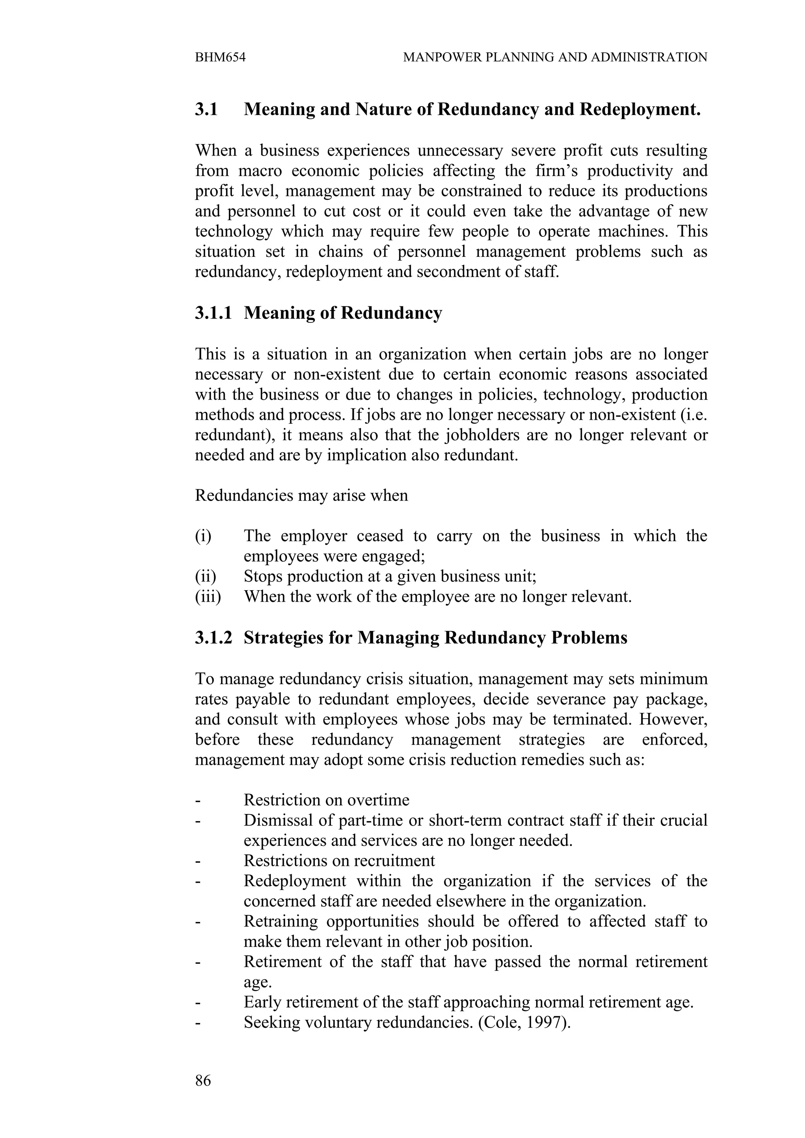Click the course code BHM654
tap(220, 57)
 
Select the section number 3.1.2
tap(213, 637)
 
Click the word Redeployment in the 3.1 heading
tap(640, 109)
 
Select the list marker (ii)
tap(205, 576)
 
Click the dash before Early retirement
tap(198, 1003)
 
